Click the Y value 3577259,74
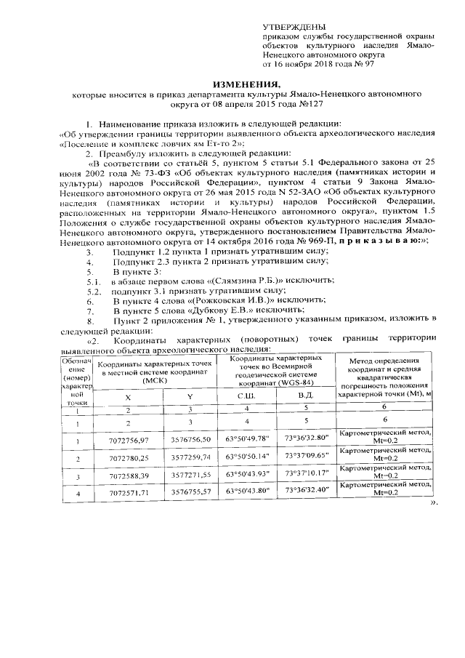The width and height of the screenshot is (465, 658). (189, 459)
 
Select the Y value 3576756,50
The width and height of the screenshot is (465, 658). (189, 440)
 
